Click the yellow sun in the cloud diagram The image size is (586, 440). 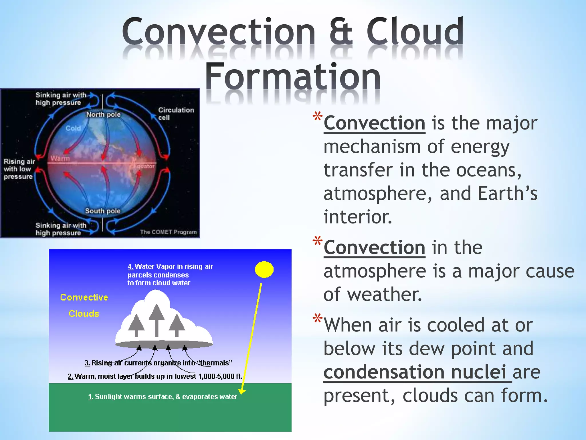click(x=264, y=270)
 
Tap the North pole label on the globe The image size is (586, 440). click(x=103, y=115)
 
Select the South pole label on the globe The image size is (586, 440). click(x=103, y=211)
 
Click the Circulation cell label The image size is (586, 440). click(x=175, y=114)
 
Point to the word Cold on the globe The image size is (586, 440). click(x=73, y=128)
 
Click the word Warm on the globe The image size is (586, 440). click(x=60, y=158)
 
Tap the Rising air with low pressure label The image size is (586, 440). click(x=19, y=169)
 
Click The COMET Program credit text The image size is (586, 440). click(x=168, y=232)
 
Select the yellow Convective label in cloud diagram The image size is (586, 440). click(x=84, y=297)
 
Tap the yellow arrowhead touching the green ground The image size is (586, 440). click(x=242, y=391)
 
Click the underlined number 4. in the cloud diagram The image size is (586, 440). click(x=130, y=267)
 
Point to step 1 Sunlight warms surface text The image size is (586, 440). click(x=163, y=397)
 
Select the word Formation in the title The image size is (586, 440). click(x=293, y=77)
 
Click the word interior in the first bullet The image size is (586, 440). click(x=358, y=217)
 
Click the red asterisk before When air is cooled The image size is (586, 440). click(x=317, y=319)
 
